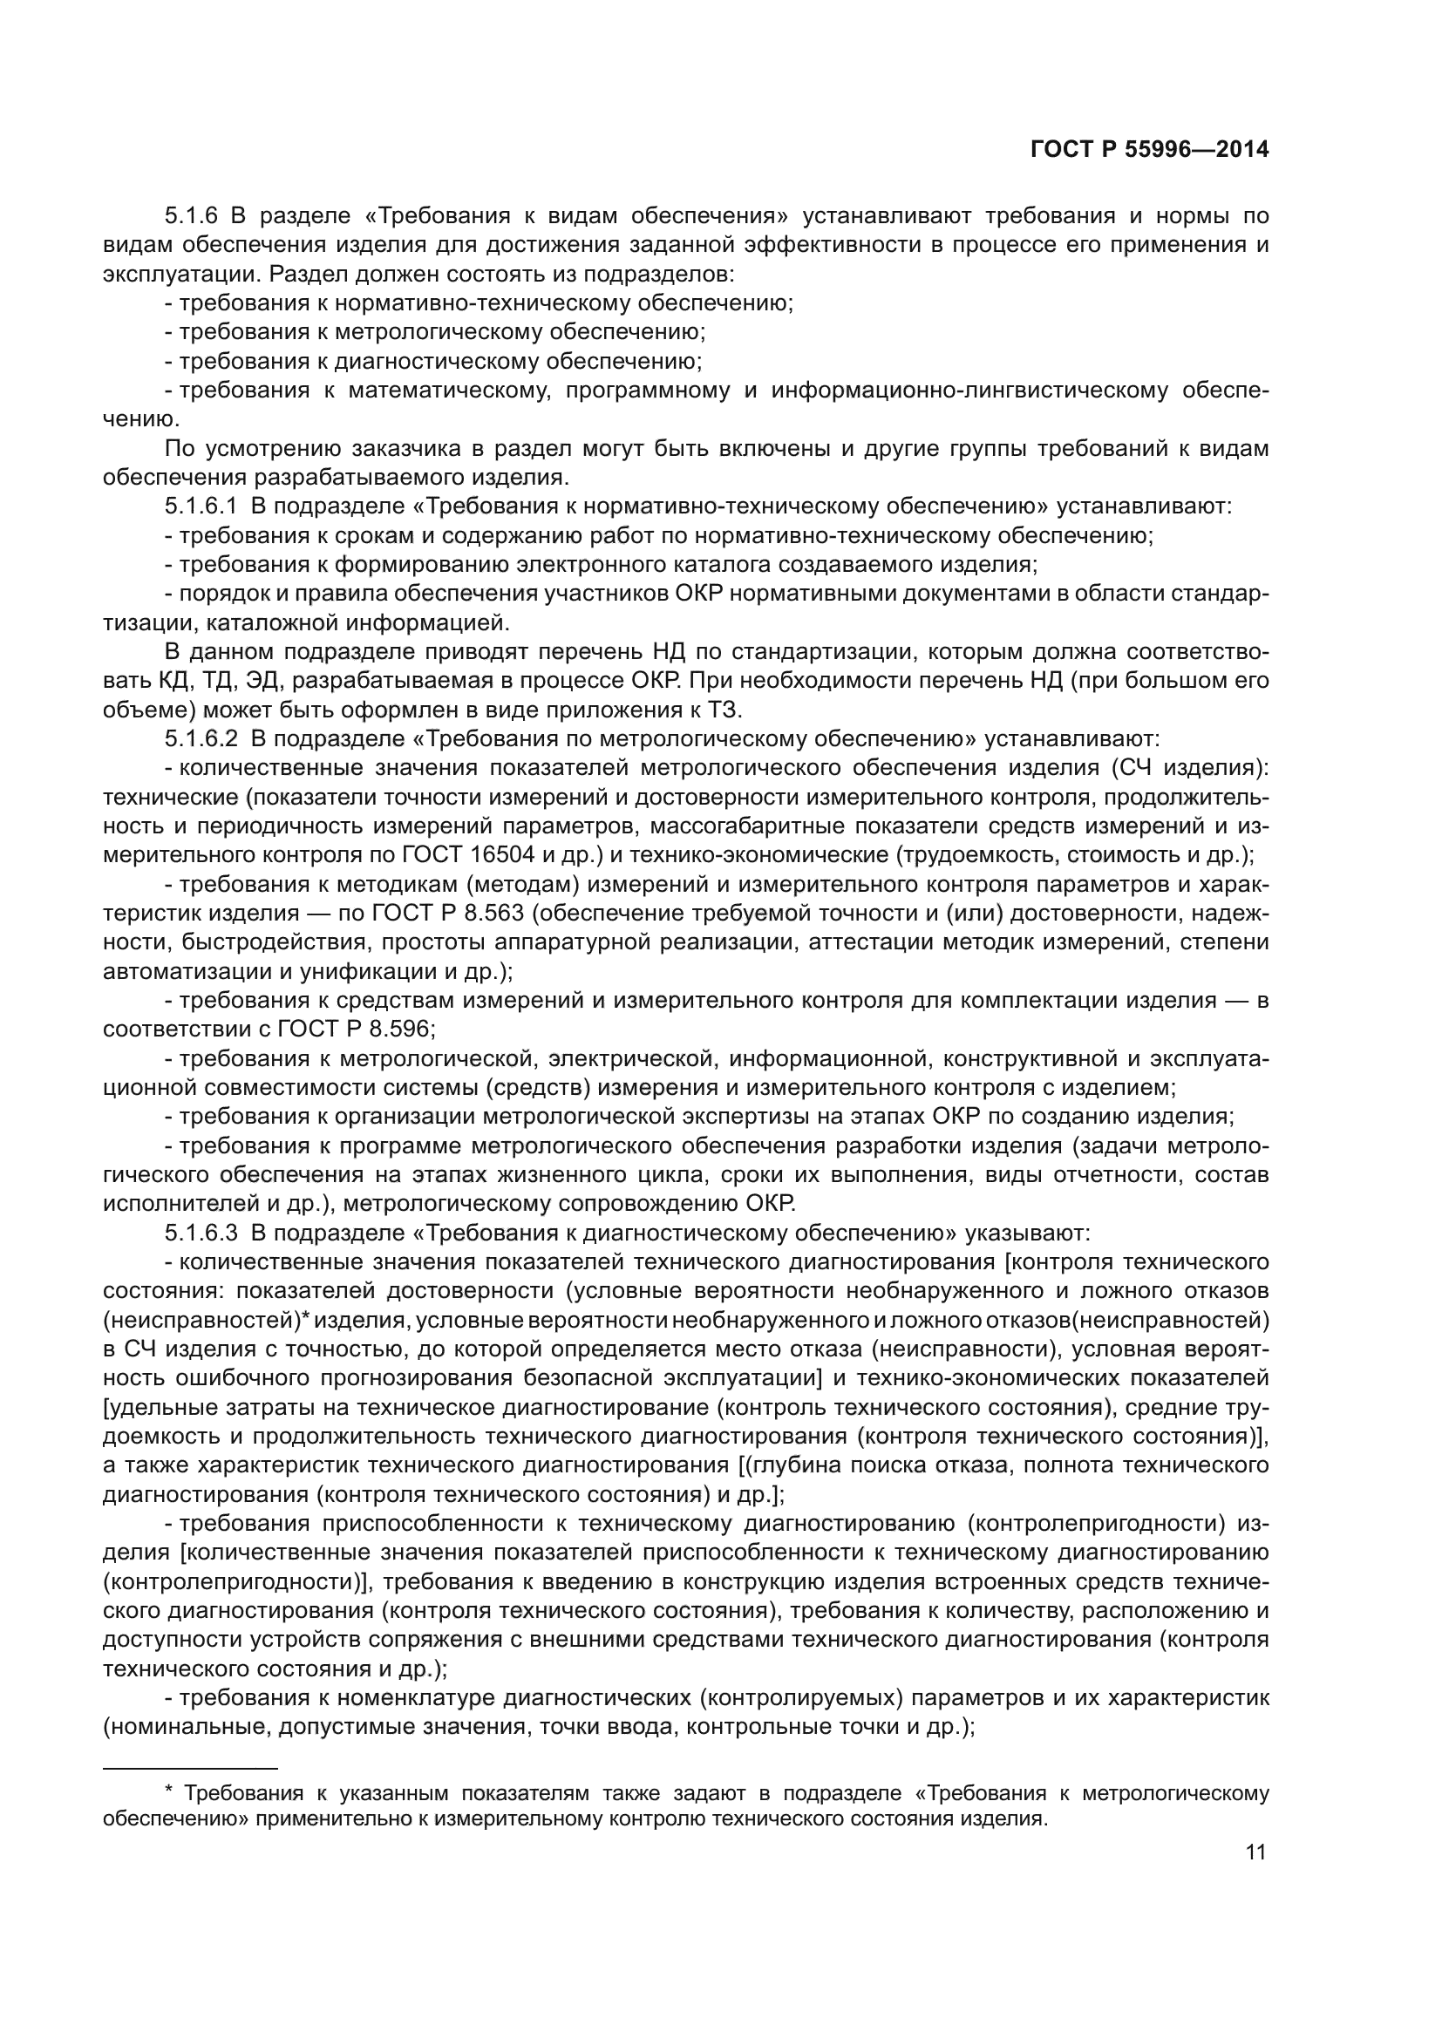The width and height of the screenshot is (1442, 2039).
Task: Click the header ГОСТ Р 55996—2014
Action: coord(1149,149)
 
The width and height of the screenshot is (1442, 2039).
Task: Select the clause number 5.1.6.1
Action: coord(201,507)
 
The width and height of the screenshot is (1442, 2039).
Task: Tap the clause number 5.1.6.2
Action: coord(201,739)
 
